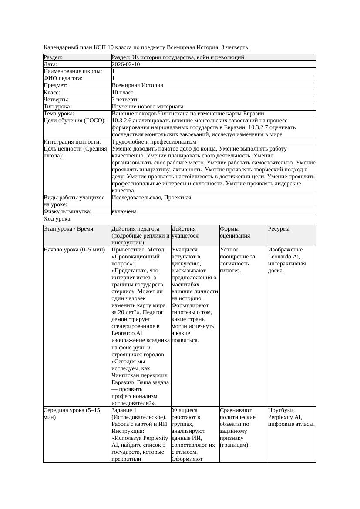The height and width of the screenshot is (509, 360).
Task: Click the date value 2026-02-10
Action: pyautogui.click(x=126, y=64)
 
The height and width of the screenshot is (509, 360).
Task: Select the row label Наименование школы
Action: pyautogui.click(x=73, y=71)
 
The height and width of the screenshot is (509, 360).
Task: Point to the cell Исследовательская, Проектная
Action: pyautogui.click(x=151, y=198)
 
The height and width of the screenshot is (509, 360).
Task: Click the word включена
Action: pyautogui.click(x=124, y=211)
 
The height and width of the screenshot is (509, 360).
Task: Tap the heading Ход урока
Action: pyautogui.click(x=57, y=219)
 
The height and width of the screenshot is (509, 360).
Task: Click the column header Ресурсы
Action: pyautogui.click(x=279, y=229)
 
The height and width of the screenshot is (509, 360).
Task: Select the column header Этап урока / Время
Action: pyautogui.click(x=68, y=229)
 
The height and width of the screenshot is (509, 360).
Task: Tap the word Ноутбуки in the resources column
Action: pyautogui.click(x=281, y=410)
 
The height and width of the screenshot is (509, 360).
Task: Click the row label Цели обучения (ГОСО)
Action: pyautogui.click(x=74, y=121)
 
